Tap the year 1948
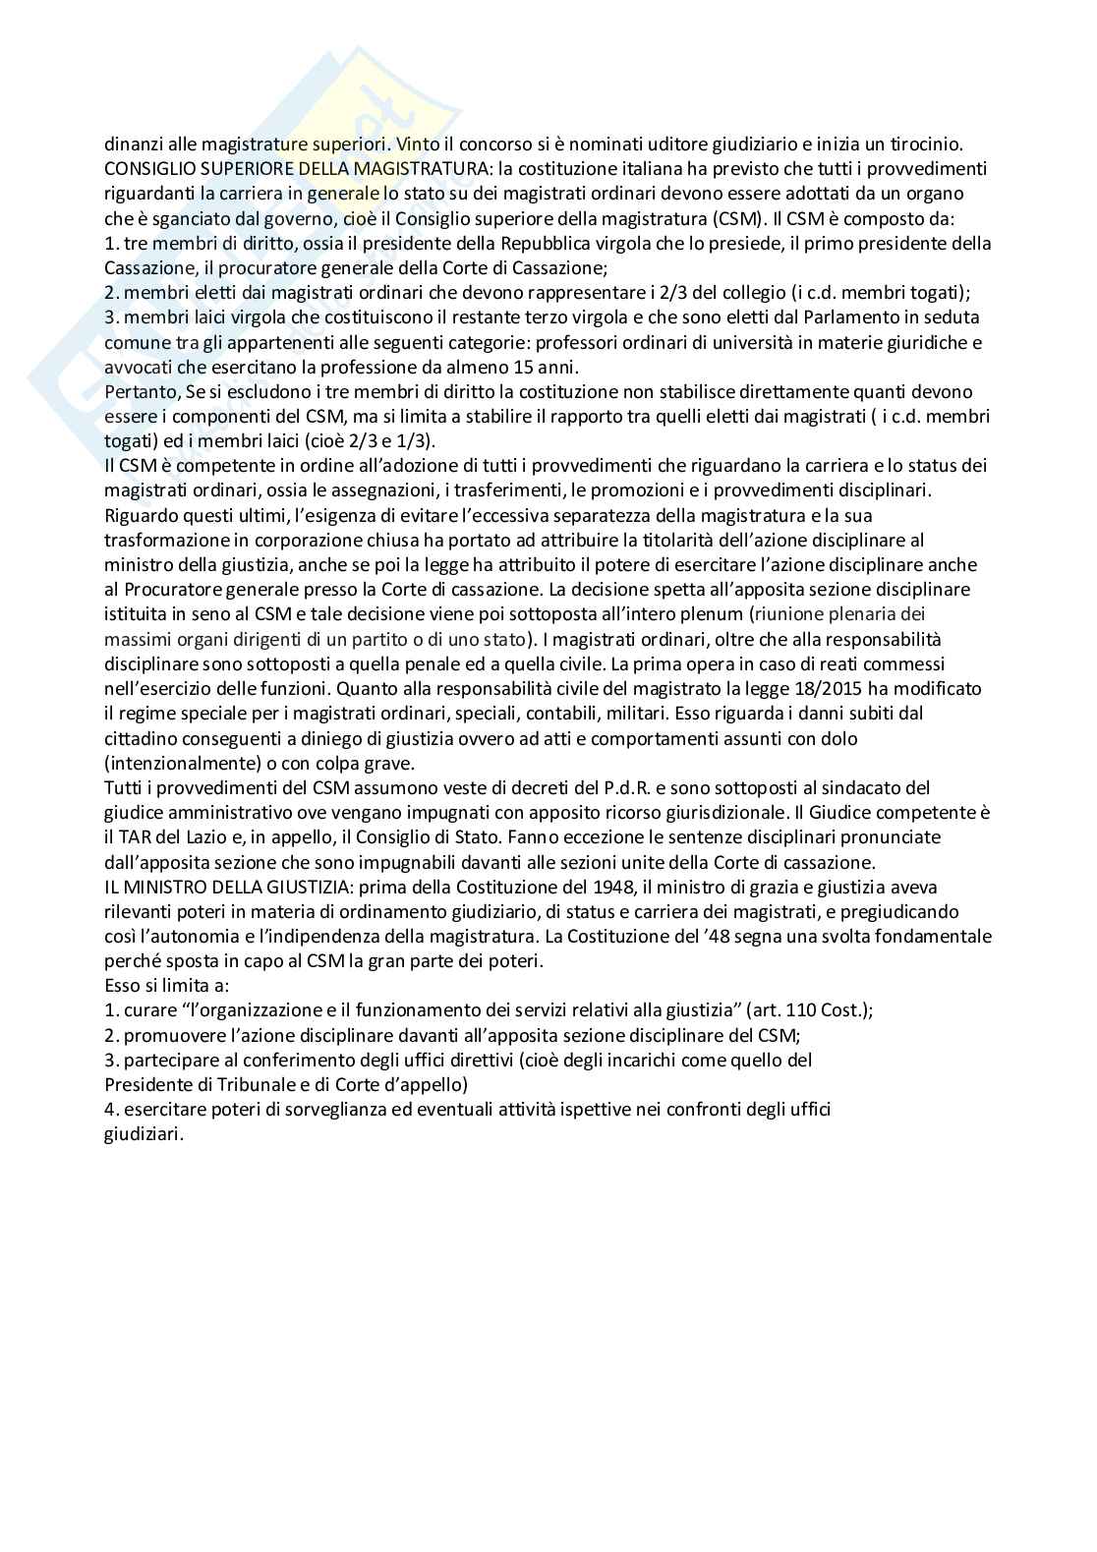505,887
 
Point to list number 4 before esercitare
110,1110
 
